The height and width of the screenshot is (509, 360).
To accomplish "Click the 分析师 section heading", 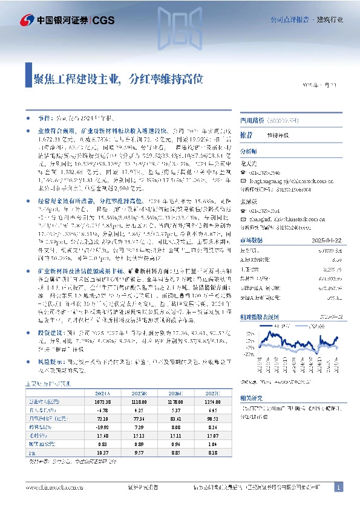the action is [249, 151].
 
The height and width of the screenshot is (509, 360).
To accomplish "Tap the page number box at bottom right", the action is [339, 487].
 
